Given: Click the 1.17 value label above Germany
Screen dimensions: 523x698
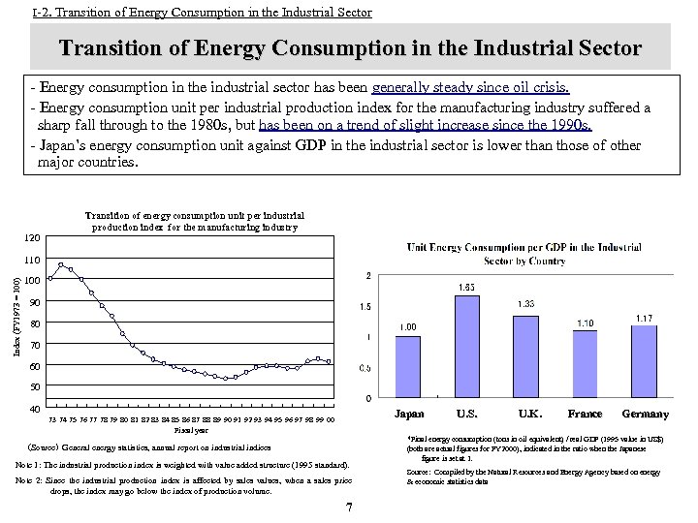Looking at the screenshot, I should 644,318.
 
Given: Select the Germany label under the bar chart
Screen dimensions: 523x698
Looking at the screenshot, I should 645,414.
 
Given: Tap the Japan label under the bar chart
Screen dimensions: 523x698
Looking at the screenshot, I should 410,414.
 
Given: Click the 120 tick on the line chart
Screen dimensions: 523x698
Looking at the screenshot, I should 33,237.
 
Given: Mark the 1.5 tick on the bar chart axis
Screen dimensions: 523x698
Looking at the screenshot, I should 365,306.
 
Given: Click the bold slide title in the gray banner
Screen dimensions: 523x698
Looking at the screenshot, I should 350,47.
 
